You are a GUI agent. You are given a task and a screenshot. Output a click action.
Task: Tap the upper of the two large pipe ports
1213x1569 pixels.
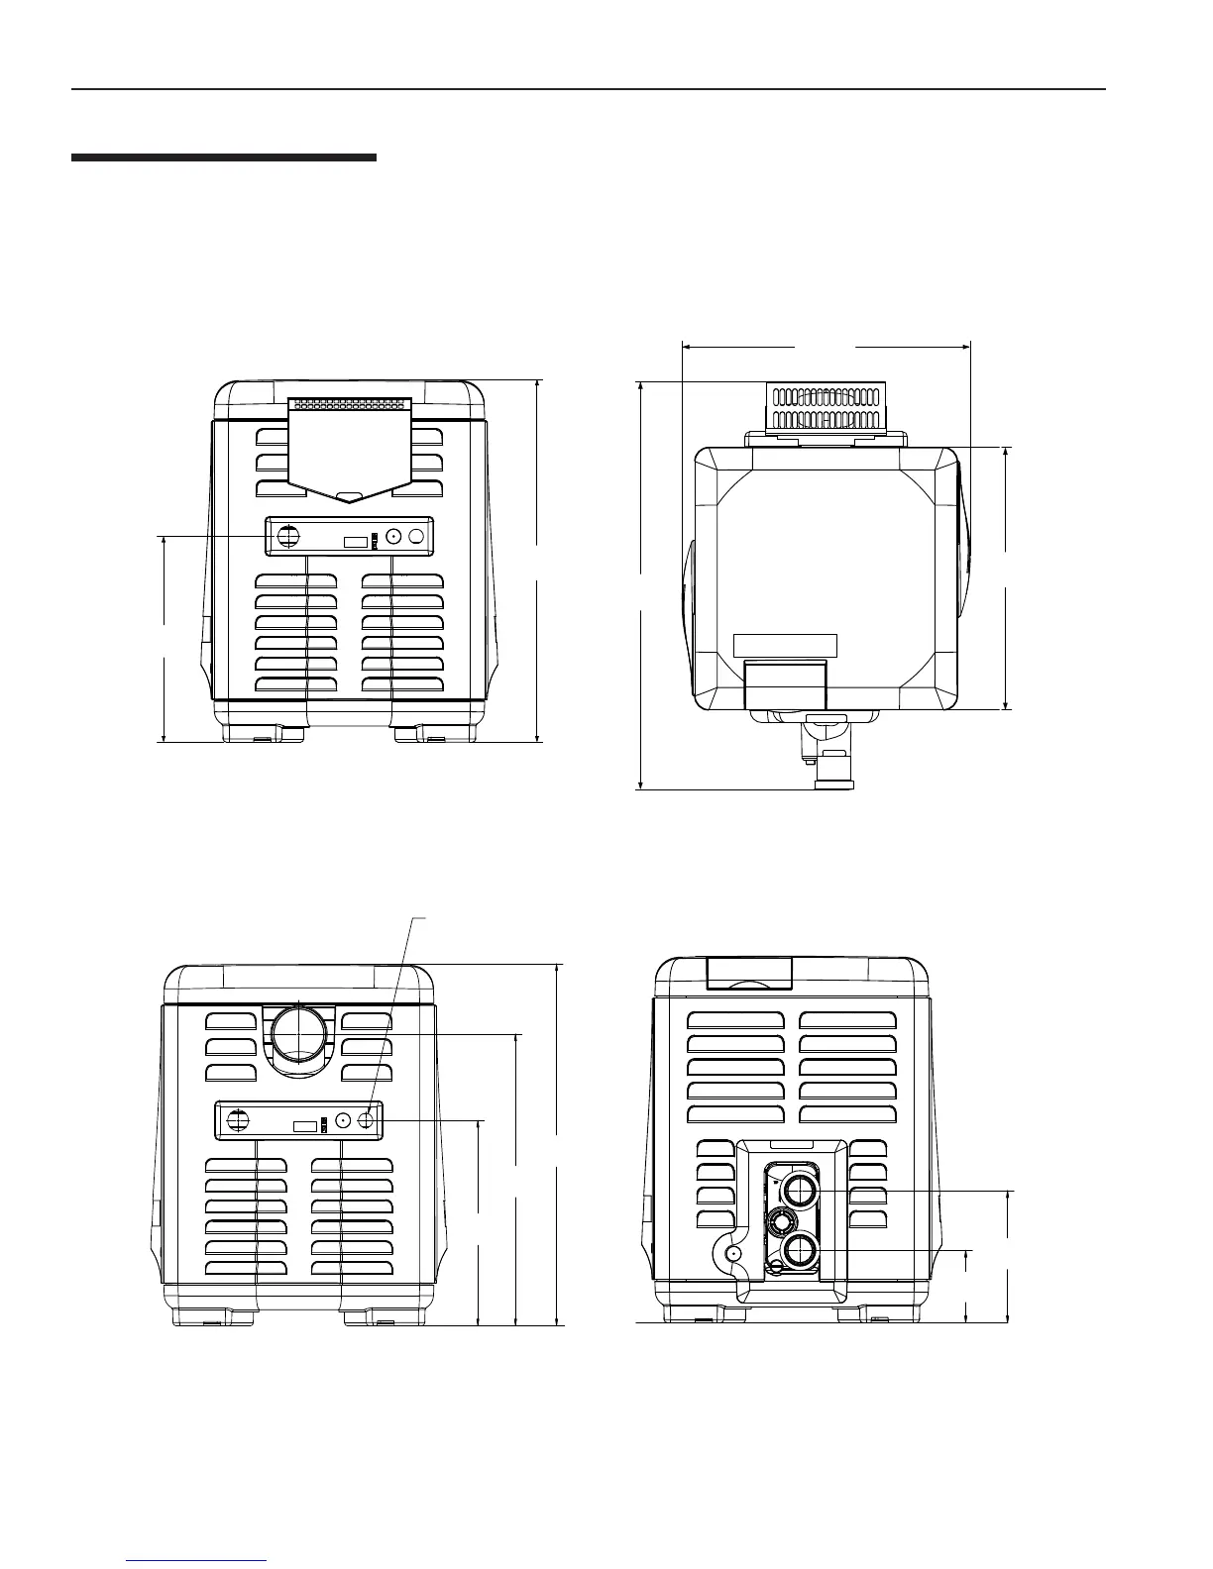point(799,1189)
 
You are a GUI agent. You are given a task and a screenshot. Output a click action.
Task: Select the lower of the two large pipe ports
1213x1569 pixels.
point(799,1252)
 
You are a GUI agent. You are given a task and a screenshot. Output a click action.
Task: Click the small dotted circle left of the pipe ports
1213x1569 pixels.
point(732,1252)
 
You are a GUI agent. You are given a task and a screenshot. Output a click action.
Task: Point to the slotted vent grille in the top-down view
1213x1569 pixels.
point(826,408)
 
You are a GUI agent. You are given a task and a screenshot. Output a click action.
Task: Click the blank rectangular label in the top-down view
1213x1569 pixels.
point(785,646)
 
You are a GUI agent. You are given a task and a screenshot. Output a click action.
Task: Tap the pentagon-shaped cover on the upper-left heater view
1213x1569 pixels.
point(350,451)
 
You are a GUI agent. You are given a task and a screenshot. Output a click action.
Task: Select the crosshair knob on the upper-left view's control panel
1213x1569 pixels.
point(288,536)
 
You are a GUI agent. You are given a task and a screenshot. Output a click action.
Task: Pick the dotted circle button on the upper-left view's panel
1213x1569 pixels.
point(393,536)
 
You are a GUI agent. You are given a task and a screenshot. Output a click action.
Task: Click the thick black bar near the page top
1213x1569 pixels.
point(224,157)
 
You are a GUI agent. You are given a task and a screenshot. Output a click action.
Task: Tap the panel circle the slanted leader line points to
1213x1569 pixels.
point(367,1120)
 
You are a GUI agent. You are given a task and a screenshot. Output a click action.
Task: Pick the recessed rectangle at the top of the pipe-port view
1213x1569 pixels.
point(749,973)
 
